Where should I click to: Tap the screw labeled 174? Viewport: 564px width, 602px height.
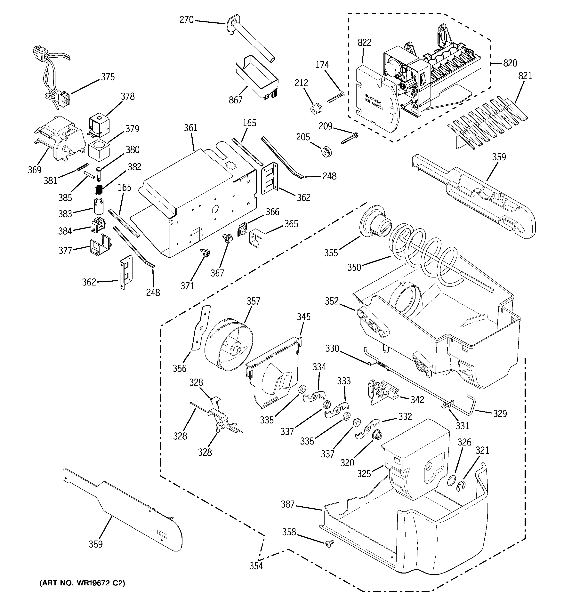point(335,98)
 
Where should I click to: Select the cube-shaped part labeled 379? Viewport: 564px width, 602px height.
point(99,149)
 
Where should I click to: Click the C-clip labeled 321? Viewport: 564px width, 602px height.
point(462,487)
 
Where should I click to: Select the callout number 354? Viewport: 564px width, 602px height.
point(256,566)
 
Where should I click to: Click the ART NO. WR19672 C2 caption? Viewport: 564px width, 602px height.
point(82,583)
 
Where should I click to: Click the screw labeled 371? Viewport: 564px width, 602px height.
point(206,252)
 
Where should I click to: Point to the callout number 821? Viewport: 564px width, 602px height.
point(525,76)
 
